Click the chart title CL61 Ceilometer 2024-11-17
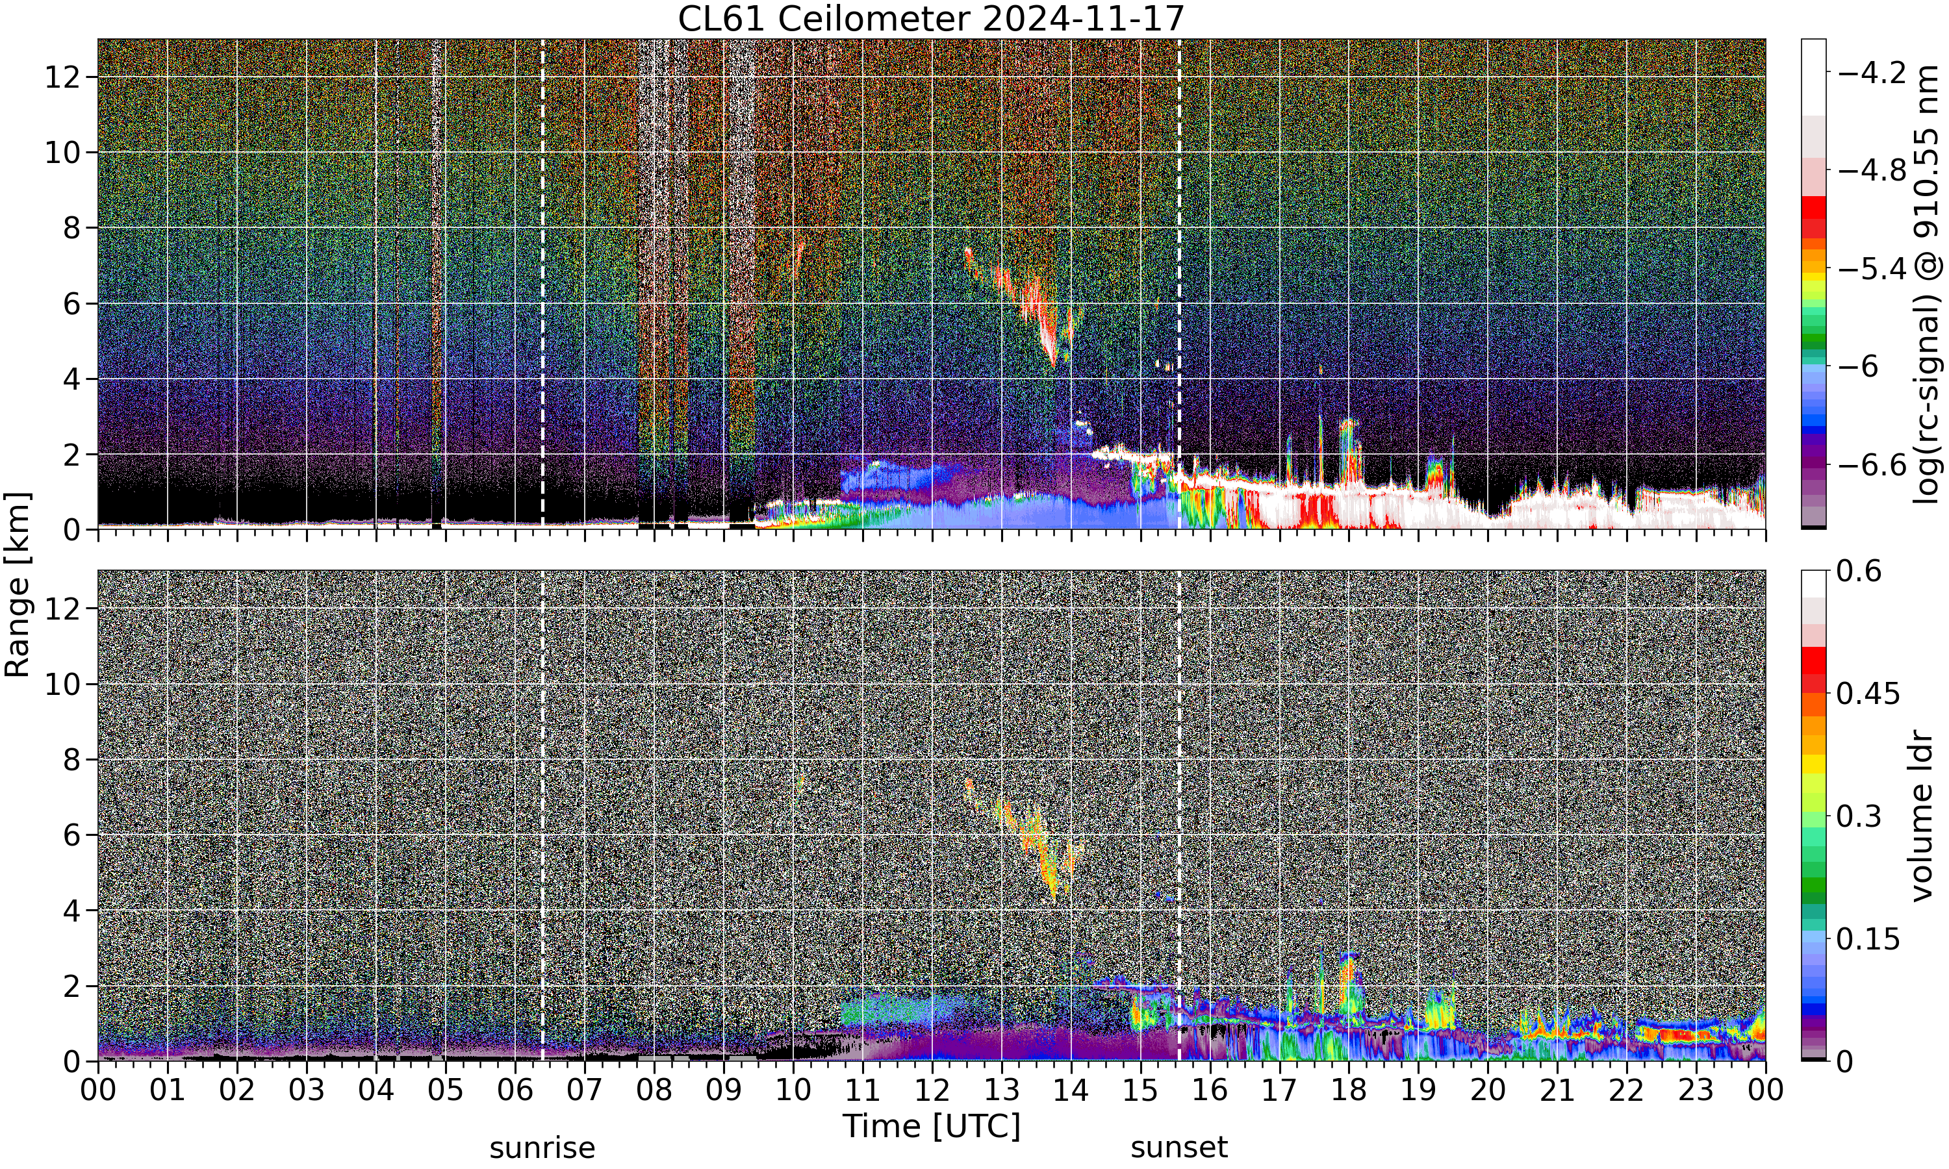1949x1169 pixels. (x=930, y=18)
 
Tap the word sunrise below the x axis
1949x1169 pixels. (x=542, y=1148)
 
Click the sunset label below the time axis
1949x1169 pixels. (x=1178, y=1148)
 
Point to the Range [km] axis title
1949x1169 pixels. (x=18, y=584)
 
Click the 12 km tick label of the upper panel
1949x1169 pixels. (x=62, y=77)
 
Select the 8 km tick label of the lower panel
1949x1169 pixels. (x=71, y=759)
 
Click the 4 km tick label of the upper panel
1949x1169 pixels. (x=71, y=379)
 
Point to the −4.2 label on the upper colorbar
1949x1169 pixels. (x=1871, y=73)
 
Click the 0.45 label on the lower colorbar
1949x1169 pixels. (x=1868, y=693)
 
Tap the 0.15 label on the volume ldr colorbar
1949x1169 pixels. (x=1868, y=939)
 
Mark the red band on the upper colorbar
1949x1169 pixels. (x=1813, y=217)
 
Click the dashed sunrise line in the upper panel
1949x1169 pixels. (x=542, y=284)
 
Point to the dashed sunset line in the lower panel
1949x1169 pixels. (x=1178, y=815)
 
